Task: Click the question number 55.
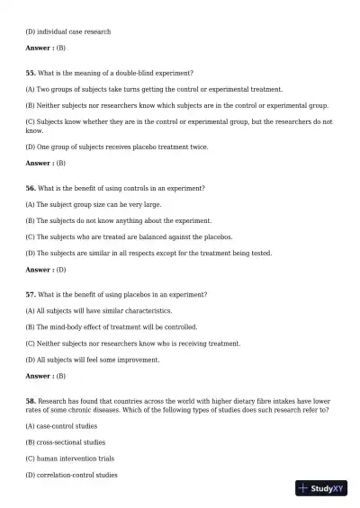31,72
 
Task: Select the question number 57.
31,294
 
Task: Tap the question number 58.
31,400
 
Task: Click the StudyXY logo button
321,488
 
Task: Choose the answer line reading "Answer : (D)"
46,270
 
